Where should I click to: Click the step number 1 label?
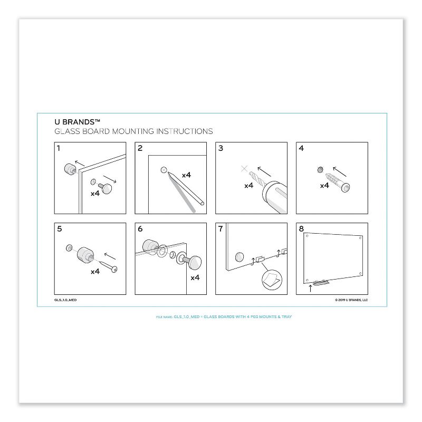(x=59, y=148)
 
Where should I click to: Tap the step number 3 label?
(x=220, y=148)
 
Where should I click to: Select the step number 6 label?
(x=140, y=229)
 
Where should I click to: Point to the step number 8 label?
(x=301, y=229)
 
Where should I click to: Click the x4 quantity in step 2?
(x=186, y=175)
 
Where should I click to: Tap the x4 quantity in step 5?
(x=95, y=272)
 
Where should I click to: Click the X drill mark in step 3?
(x=244, y=169)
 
